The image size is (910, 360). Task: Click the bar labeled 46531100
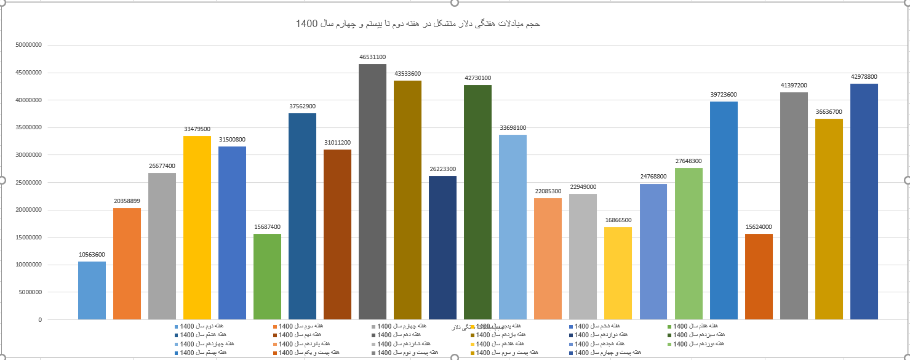372,191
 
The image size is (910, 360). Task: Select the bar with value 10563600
92,290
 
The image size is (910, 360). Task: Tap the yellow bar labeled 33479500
197,228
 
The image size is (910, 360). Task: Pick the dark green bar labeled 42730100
477,202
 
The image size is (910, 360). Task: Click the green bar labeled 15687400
267,276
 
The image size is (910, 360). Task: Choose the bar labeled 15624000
759,276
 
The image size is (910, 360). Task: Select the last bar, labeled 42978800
864,201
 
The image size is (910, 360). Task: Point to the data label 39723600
724,95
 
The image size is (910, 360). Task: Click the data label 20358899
127,201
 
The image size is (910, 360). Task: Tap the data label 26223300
442,169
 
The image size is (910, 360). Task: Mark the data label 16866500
618,220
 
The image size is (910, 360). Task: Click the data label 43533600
407,74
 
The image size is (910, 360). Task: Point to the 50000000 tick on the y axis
29,45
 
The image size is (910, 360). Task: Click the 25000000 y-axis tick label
29,183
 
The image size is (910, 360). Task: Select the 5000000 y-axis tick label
31,292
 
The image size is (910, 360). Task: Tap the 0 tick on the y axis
40,320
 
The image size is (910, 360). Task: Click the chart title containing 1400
418,24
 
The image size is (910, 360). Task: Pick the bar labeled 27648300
688,244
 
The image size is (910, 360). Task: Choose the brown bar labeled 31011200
337,234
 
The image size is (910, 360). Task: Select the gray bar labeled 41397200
794,206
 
